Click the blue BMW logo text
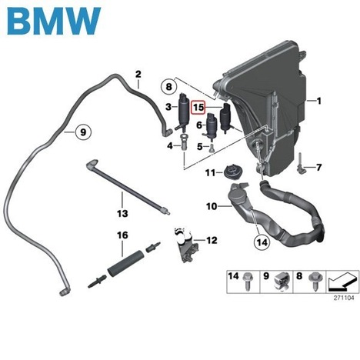tap(54, 21)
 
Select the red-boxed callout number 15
tap(198, 108)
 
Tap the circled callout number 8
tap(168, 87)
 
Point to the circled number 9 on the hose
tap(83, 132)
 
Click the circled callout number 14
tap(262, 242)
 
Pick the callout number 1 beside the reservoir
tap(318, 101)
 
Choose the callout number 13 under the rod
tap(122, 213)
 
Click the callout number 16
tap(122, 235)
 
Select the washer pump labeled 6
tap(211, 126)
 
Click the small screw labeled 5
tap(212, 148)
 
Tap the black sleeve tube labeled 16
tap(124, 263)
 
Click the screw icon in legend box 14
tap(248, 281)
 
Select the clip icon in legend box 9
tap(281, 282)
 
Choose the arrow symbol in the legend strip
tap(342, 282)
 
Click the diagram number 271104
tap(344, 298)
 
